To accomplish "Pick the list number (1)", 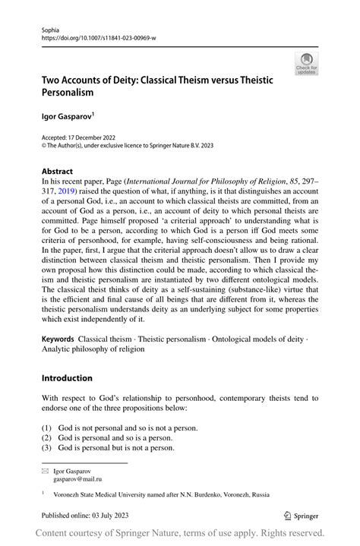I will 47,428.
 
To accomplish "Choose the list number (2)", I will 47,438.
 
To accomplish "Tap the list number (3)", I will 47,448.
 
